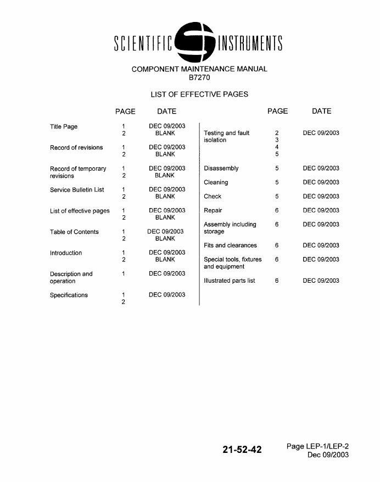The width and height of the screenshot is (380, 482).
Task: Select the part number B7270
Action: (x=199, y=77)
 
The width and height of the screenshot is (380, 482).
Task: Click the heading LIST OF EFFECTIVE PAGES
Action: (x=199, y=94)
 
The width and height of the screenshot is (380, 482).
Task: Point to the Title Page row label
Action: (x=64, y=127)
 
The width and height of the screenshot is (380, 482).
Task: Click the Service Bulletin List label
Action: (x=77, y=190)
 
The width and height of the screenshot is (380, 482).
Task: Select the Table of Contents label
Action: (x=74, y=232)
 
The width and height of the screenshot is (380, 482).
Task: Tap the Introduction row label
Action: (x=66, y=253)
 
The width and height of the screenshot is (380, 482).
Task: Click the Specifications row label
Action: (x=69, y=295)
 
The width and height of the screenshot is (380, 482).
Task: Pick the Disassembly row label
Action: (x=221, y=169)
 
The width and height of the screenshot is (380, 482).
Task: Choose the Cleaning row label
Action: (x=216, y=182)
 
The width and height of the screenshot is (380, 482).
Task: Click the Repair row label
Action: (x=213, y=210)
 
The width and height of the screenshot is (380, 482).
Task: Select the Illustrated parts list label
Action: (x=230, y=281)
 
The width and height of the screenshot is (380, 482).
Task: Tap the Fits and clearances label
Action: (x=230, y=245)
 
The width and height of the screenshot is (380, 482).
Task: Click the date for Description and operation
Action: (x=167, y=273)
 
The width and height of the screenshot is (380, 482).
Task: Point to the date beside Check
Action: (x=321, y=197)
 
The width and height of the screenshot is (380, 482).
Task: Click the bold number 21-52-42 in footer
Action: (x=242, y=450)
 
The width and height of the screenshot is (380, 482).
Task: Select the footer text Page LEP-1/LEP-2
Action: (x=317, y=446)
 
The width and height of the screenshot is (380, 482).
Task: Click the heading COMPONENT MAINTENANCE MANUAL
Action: (x=199, y=69)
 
